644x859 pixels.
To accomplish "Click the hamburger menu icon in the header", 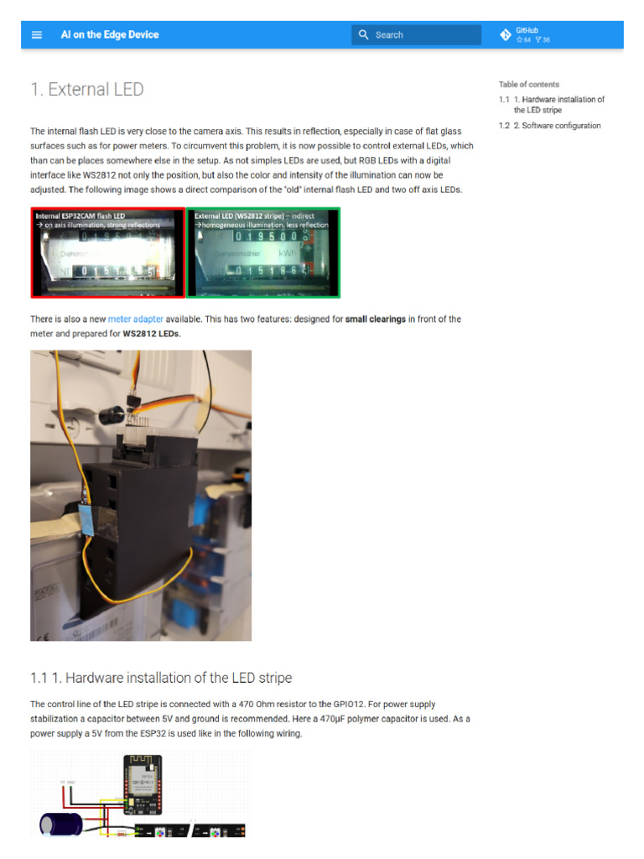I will [x=37, y=34].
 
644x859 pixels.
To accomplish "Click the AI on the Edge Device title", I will [x=109, y=34].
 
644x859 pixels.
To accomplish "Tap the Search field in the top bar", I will [x=416, y=34].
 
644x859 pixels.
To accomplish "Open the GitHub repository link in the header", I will [x=527, y=34].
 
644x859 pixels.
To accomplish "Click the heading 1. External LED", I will [x=87, y=89].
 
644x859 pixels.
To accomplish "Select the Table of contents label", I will [x=528, y=84].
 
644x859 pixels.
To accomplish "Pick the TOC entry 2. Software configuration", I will [x=556, y=126].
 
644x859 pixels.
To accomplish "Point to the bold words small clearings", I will [x=376, y=320].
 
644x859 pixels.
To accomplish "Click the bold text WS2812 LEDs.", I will [x=152, y=334].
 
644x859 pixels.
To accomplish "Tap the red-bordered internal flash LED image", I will [x=107, y=252].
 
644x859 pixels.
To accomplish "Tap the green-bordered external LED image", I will [x=263, y=252].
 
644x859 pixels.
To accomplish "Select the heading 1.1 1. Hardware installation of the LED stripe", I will [x=161, y=677].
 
